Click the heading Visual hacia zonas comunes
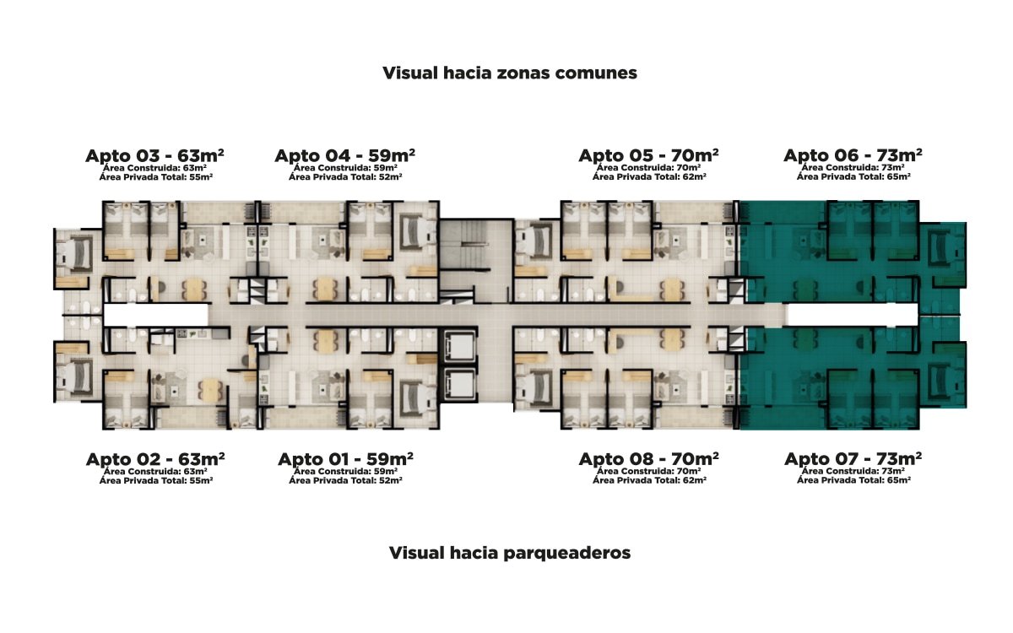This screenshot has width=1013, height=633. (510, 73)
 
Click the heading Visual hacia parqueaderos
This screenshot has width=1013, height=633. (510, 554)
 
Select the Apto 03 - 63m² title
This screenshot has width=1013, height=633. (154, 156)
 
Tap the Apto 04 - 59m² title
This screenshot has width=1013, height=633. (344, 156)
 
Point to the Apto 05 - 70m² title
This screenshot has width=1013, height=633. (648, 156)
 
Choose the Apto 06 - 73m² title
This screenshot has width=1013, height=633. (853, 156)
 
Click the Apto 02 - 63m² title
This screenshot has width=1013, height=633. (155, 460)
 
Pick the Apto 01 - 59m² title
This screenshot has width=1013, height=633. (345, 460)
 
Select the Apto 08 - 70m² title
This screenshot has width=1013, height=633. (648, 460)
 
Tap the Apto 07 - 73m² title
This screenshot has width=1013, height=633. (853, 460)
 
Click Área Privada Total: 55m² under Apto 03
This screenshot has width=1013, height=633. (155, 177)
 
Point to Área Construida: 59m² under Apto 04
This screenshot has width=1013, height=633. (344, 168)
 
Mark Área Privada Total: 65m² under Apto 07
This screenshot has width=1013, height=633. (853, 480)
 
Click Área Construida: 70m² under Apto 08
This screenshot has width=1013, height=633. (649, 471)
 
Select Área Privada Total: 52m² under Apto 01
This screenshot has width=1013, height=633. (345, 480)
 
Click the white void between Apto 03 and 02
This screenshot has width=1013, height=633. (155, 315)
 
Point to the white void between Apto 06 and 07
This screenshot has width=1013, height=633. (853, 315)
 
